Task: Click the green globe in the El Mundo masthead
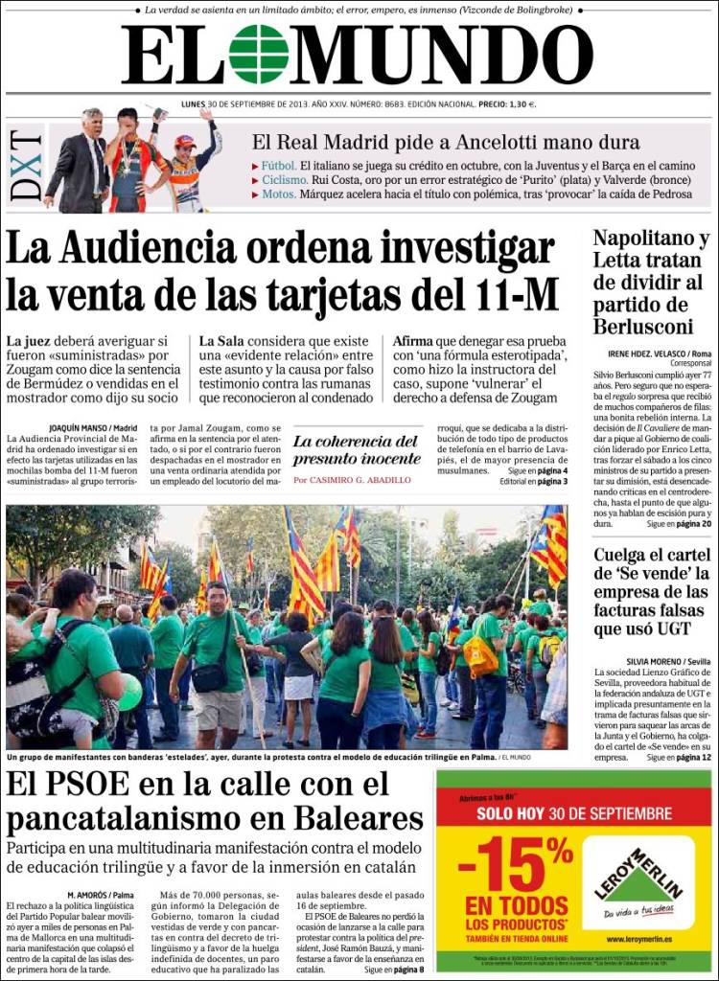259,55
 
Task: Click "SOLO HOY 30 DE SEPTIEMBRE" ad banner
574,813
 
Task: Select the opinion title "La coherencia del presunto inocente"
356,449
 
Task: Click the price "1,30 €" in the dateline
520,104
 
